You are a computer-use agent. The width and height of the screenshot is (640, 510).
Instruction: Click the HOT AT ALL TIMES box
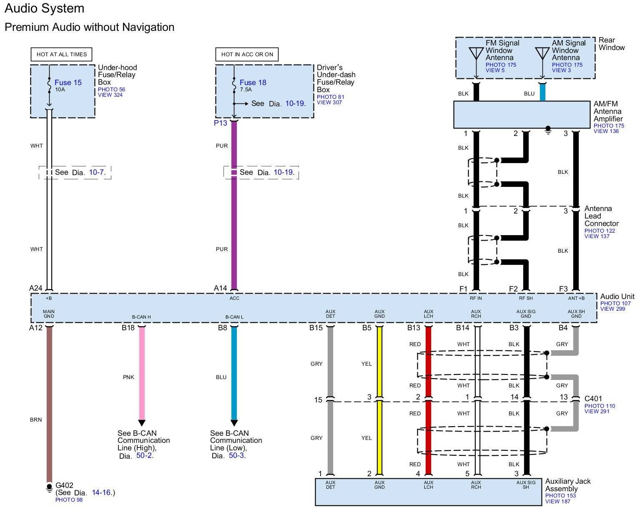[x=61, y=54]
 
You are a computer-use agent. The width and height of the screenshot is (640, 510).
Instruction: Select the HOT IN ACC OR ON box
[x=247, y=54]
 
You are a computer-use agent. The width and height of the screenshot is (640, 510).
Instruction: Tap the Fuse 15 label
[x=68, y=83]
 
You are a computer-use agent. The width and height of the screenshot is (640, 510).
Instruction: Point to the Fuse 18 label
[x=253, y=83]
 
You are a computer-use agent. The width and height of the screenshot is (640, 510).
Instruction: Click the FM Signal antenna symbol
[x=476, y=53]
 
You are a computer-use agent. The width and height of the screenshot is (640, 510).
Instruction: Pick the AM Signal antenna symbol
[x=542, y=53]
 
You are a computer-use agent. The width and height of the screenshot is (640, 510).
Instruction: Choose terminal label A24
[x=36, y=288]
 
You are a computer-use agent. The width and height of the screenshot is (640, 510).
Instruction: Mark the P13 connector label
[x=221, y=123]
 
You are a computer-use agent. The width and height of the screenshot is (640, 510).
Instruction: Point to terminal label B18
[x=128, y=328]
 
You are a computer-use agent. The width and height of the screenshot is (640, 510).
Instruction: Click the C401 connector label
[x=593, y=399]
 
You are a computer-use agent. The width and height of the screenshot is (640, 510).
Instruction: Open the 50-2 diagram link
[x=144, y=455]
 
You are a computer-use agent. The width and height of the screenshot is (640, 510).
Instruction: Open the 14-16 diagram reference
[x=101, y=492]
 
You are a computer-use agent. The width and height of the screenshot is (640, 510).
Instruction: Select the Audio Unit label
[x=617, y=296]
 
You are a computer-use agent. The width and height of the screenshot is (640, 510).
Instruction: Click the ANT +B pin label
[x=576, y=298]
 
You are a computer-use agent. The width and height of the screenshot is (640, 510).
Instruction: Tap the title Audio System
[x=45, y=8]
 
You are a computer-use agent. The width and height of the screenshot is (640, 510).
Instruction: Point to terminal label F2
[x=513, y=289]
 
